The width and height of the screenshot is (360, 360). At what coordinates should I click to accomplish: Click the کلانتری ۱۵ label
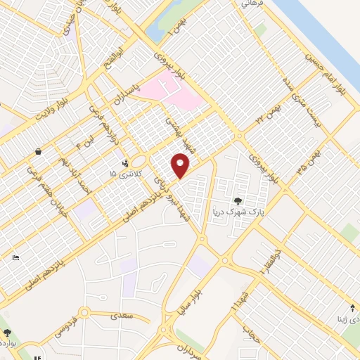(126, 172)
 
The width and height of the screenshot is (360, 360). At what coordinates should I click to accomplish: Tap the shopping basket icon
(37, 150)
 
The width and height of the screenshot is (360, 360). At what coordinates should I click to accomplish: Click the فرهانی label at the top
(251, 4)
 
